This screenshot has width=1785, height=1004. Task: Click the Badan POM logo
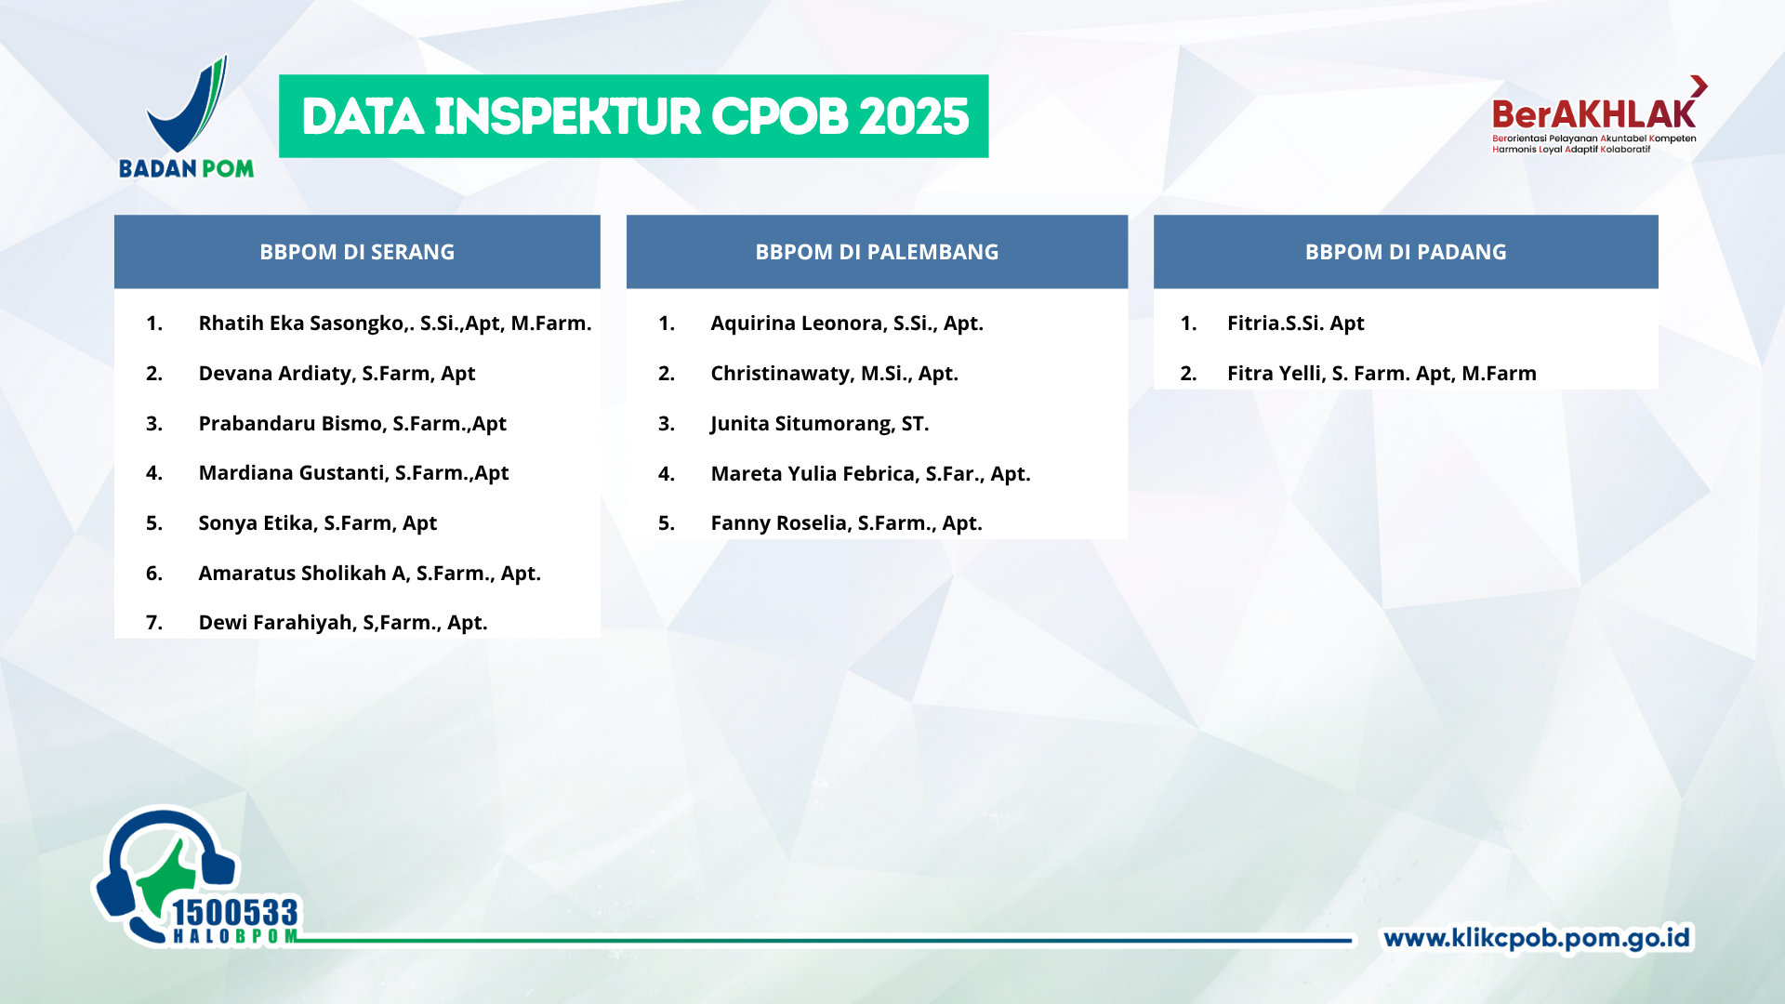coord(186,117)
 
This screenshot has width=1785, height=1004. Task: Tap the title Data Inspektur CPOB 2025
coord(634,116)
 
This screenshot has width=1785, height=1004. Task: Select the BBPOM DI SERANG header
coord(357,252)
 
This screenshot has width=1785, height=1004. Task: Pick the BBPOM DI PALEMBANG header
coord(877,252)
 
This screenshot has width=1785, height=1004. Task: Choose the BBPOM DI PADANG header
coord(1406,252)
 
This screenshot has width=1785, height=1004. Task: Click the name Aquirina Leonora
coord(799,324)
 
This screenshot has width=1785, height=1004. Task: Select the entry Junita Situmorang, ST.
coord(820,424)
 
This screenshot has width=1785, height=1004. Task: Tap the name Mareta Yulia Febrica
coord(814,474)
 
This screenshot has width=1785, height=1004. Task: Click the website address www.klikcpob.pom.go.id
coord(1537,938)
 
